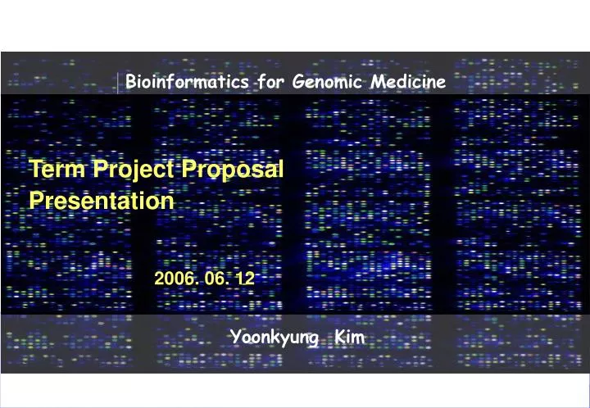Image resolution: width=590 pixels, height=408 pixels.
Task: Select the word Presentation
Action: (102, 201)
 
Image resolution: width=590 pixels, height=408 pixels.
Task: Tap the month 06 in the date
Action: (217, 279)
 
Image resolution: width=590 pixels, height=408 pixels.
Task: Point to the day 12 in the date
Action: (245, 279)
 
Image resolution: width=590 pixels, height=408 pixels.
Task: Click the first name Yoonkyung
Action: (270, 337)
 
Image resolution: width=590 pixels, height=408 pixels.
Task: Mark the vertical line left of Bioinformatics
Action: (118, 82)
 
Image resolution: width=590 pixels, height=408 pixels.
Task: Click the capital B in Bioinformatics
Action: (130, 82)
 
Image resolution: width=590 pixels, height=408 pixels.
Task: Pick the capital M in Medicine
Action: (376, 82)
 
